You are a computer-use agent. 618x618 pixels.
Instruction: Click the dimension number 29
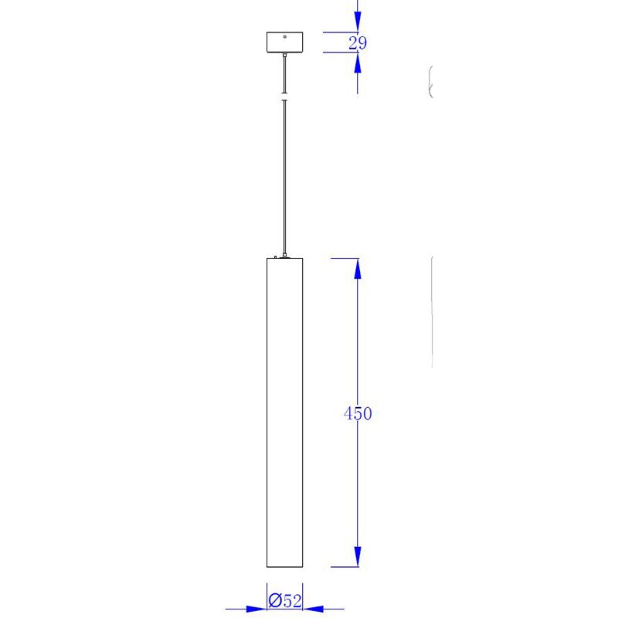(358, 43)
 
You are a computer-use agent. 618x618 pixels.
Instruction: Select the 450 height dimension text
(358, 413)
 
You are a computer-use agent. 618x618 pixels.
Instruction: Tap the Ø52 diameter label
(285, 601)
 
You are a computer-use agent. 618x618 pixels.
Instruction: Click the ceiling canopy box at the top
(284, 42)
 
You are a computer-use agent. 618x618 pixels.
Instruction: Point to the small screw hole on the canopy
(284, 36)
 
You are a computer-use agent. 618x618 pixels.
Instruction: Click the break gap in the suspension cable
(284, 97)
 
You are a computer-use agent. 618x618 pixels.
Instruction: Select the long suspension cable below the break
(284, 177)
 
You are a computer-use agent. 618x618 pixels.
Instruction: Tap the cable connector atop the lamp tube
(284, 256)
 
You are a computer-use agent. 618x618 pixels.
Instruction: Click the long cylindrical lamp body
(284, 413)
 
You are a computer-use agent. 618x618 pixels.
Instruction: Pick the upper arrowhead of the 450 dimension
(358, 269)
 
